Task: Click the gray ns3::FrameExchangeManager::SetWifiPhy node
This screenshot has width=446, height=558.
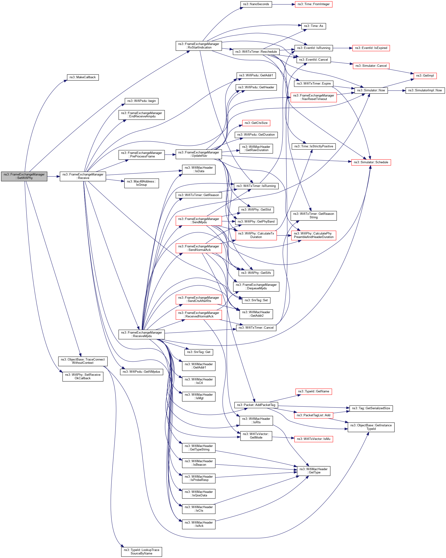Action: tap(24, 176)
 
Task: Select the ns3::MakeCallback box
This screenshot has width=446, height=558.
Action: tap(83, 77)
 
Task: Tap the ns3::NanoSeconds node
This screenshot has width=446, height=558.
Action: tap(256, 4)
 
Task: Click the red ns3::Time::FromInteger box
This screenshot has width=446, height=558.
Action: tap(313, 4)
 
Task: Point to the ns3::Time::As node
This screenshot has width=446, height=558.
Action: tap(313, 26)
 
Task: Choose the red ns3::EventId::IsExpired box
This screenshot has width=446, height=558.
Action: tap(371, 48)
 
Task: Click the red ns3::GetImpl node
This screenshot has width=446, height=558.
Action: tap(425, 76)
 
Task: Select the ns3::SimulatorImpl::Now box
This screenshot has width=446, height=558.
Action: tap(425, 90)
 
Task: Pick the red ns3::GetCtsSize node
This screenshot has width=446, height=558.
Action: tap(256, 123)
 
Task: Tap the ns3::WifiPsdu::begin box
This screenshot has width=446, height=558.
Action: tap(141, 101)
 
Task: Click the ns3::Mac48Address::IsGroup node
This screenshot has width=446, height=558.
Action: tap(141, 183)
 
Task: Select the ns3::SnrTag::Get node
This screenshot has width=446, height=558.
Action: tap(199, 352)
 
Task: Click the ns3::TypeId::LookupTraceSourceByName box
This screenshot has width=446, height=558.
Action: tap(141, 551)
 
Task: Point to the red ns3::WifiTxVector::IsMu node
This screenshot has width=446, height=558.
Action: tap(313, 439)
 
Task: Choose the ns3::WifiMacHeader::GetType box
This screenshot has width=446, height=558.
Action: tap(313, 471)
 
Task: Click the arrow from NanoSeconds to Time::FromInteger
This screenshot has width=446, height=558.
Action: tap(283, 4)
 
